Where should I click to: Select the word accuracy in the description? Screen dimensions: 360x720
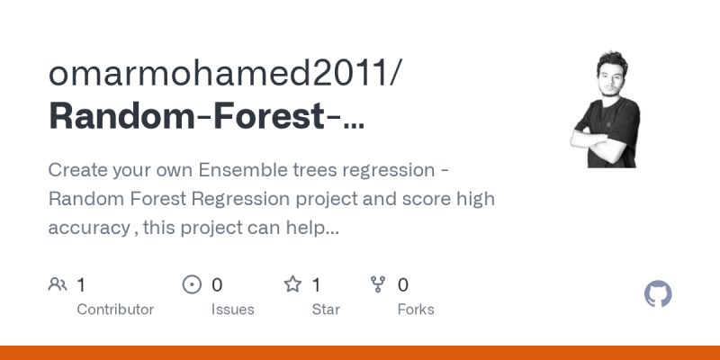click(x=88, y=228)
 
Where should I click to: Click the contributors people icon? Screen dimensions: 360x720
click(x=58, y=285)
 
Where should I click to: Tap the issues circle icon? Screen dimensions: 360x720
click(x=192, y=285)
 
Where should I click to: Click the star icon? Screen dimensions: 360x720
click(x=292, y=285)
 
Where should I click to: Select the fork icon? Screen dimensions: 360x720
click(x=378, y=285)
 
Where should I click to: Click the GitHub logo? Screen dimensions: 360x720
click(x=659, y=294)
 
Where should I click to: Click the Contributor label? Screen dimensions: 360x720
click(x=115, y=310)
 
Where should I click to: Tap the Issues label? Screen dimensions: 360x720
click(x=233, y=310)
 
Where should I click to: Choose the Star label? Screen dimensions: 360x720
click(x=326, y=310)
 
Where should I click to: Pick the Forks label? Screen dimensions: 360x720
click(x=416, y=310)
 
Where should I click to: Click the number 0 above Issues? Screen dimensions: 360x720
click(x=217, y=285)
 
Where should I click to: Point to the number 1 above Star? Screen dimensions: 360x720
click(x=317, y=285)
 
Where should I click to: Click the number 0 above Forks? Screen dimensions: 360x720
click(x=403, y=285)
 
